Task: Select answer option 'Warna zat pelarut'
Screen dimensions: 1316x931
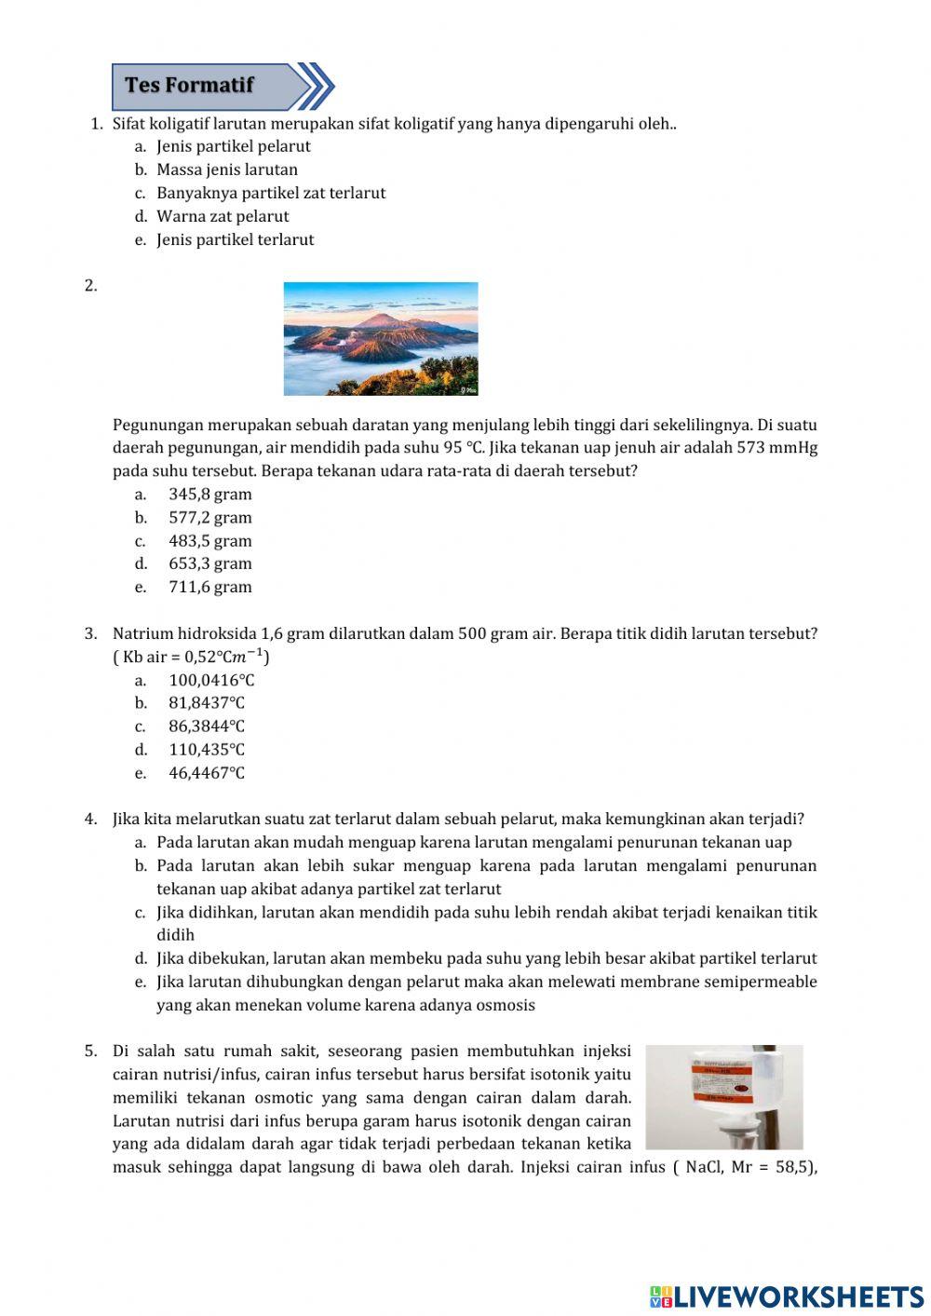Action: pos(223,216)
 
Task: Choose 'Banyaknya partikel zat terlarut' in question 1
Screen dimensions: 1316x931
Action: pos(270,193)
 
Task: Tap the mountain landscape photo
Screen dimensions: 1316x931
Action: pos(380,339)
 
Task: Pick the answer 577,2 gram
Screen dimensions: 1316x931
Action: pos(209,518)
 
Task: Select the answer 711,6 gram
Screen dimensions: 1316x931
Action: pos(209,587)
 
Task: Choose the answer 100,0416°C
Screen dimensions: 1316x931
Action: pos(211,681)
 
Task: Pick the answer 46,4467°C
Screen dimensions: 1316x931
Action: pos(207,773)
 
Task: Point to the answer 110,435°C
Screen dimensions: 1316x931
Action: pos(207,750)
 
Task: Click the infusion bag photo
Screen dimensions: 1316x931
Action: pos(723,1096)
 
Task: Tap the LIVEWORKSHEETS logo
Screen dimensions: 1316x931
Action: pos(787,1296)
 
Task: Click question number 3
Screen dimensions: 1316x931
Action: pos(91,634)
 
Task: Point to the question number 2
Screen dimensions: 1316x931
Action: pos(91,286)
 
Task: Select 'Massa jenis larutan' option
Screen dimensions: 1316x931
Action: pos(227,170)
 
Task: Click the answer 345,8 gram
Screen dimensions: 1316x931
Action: pos(209,495)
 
